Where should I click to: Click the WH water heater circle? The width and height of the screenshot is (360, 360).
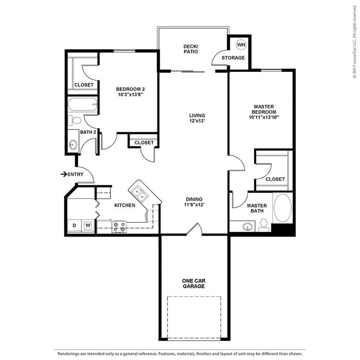241,45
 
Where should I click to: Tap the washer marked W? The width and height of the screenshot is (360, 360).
88,226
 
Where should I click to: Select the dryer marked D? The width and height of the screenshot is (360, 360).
74,226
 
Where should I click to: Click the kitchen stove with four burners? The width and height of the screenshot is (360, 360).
119,227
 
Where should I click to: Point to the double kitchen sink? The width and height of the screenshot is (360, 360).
139,194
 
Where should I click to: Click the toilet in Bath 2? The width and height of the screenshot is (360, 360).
74,120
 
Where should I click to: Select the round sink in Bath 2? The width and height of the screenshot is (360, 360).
73,145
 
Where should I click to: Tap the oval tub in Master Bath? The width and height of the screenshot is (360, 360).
283,208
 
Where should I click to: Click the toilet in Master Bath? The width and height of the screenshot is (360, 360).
264,225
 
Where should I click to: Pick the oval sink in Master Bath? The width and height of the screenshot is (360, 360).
247,227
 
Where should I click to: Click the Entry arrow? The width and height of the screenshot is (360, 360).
64,175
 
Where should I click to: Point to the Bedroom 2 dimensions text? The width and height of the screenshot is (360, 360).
130,95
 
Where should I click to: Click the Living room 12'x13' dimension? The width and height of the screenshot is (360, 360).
197,121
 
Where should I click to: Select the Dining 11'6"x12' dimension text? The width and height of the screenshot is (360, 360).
194,205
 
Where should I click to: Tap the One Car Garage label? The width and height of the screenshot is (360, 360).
194,284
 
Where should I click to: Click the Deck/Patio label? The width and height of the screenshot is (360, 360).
191,49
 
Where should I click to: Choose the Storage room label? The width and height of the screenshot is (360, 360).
233,58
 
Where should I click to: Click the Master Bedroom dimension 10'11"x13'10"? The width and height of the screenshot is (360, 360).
264,118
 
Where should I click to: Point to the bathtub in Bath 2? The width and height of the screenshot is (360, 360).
83,104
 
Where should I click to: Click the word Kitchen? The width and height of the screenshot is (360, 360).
124,205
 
